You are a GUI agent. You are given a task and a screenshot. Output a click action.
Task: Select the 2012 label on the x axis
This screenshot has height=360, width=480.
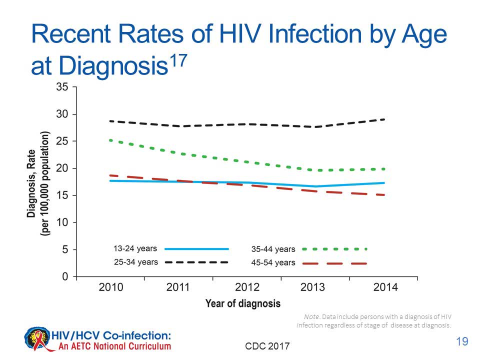(247, 287)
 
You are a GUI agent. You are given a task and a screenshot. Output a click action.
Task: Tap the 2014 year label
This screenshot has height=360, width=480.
(385, 287)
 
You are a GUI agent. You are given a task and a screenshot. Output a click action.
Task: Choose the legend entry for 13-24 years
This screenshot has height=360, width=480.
(135, 248)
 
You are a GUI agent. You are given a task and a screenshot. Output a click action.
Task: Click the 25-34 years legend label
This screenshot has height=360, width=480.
(135, 262)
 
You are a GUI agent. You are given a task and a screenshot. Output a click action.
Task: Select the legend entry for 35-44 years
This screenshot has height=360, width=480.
(273, 249)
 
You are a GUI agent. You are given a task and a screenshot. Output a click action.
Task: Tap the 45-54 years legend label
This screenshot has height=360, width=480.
(273, 262)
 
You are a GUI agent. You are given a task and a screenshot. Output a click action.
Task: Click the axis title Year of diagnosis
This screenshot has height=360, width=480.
(242, 303)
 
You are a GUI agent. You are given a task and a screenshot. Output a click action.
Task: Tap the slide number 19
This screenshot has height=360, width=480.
(462, 342)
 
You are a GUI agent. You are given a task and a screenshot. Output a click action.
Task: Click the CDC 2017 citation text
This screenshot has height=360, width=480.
(267, 345)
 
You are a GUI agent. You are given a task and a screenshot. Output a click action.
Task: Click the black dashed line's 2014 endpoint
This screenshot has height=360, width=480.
(384, 119)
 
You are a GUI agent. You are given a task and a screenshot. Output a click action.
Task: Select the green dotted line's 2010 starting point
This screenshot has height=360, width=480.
(110, 140)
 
